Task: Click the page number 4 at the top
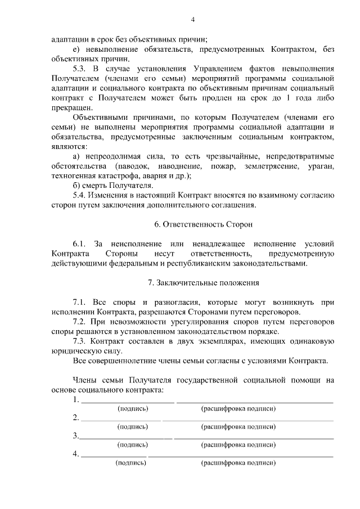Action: pyautogui.click(x=193, y=20)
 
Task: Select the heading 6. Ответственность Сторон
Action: pyautogui.click(x=204, y=224)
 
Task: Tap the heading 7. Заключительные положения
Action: pyautogui.click(x=204, y=282)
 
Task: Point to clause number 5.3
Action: pyautogui.click(x=81, y=69)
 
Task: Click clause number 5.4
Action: pyautogui.click(x=81, y=195)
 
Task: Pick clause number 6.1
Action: pyautogui.click(x=81, y=244)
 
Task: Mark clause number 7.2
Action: pyautogui.click(x=81, y=321)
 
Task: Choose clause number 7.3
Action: pyautogui.click(x=81, y=341)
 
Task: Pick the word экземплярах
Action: pyautogui.click(x=229, y=341)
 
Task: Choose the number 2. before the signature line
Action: pyautogui.click(x=76, y=418)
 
